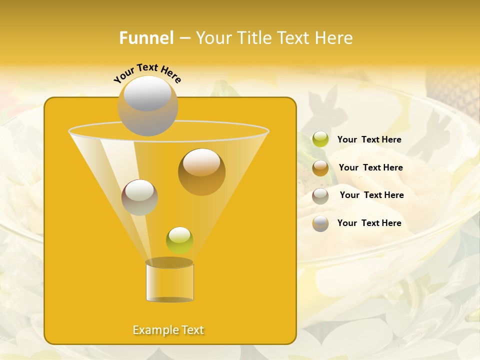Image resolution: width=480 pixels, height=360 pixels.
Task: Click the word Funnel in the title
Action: [146, 38]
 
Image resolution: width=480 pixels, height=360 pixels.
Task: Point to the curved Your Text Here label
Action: [147, 73]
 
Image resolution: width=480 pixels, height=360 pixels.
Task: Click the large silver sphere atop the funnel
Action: [147, 106]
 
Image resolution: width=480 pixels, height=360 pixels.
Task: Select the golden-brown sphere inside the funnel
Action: [201, 171]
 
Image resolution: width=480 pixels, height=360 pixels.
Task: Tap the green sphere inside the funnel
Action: [179, 240]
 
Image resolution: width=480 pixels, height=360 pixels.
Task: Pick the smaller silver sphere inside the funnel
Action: [139, 197]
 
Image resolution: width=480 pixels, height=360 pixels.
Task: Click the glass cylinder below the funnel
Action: [169, 282]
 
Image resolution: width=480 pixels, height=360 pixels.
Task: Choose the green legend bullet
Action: [320, 139]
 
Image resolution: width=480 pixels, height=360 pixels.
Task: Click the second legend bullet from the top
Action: [320, 168]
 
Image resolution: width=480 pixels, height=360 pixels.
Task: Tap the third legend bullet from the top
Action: [320, 195]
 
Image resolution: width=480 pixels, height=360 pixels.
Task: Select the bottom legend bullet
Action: [320, 223]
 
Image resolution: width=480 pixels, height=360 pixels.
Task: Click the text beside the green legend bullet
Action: [369, 139]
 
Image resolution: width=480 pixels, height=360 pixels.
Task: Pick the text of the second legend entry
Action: [370, 167]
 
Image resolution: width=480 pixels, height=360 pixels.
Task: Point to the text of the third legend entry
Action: [371, 195]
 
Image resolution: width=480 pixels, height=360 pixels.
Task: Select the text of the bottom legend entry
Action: [369, 223]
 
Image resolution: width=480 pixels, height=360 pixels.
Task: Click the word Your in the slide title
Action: [214, 38]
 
